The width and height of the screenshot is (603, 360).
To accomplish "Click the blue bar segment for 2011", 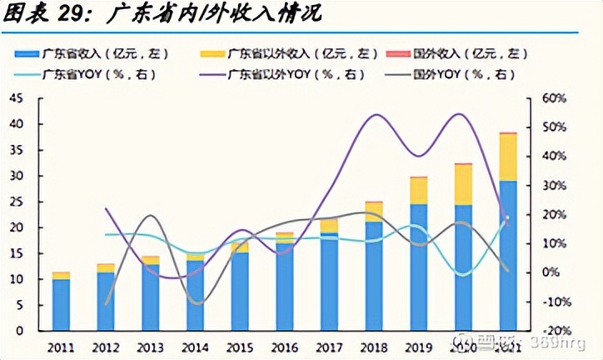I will point(61,305).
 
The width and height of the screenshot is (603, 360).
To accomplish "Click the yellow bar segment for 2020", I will point(463,184).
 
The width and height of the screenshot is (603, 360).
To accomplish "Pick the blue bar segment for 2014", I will point(195,296).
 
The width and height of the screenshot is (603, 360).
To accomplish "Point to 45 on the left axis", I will point(17,98).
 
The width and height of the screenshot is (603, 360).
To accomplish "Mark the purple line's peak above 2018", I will point(375,115).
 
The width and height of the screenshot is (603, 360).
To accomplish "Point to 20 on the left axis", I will point(17,227).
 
